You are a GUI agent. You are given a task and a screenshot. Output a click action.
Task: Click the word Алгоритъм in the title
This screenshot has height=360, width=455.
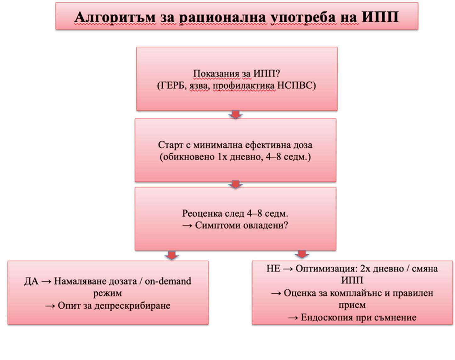115,17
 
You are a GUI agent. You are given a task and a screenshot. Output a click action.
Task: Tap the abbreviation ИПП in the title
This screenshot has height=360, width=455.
380,17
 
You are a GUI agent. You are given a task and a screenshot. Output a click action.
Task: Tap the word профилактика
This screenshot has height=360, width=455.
244,85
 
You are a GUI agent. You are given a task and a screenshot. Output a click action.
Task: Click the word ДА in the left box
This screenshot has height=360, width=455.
31,281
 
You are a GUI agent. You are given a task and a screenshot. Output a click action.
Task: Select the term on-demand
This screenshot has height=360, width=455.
168,281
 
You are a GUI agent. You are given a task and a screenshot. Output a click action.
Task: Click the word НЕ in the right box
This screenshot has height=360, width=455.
273,269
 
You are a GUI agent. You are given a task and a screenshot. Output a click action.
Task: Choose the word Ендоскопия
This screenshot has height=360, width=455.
326,317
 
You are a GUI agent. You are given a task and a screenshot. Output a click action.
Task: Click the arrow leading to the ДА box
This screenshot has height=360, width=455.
171,255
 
